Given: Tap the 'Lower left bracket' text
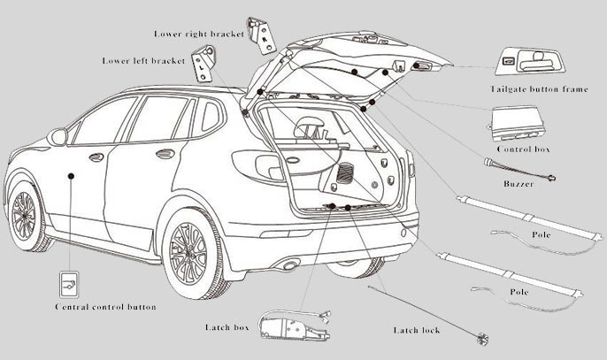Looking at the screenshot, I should click(142, 61).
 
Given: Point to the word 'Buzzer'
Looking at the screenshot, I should click(518, 183).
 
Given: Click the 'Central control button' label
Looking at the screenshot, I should click(105, 307).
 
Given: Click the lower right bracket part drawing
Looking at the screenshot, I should click(262, 32).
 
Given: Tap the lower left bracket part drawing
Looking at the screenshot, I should click(206, 63).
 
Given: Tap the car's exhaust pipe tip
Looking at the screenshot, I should click(288, 264).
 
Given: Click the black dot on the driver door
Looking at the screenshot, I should click(72, 176).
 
